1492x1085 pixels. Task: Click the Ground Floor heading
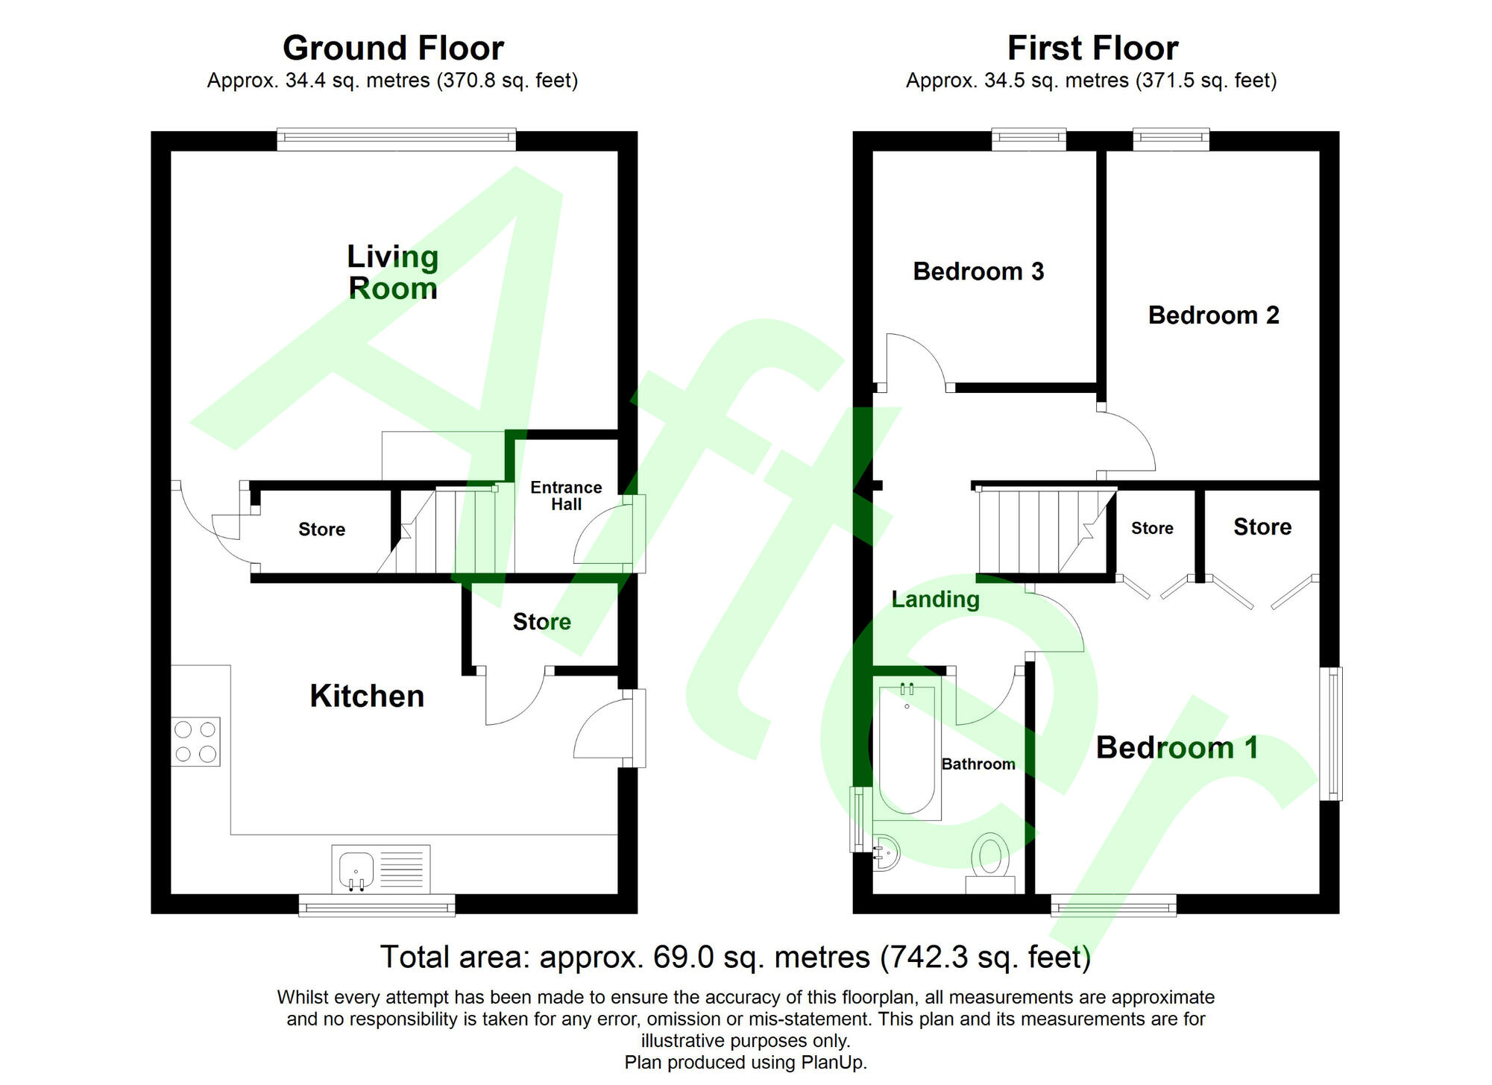click(x=393, y=48)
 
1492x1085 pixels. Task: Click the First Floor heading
click(x=1092, y=48)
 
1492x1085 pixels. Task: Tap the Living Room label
click(x=393, y=272)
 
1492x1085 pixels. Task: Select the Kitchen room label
click(x=367, y=696)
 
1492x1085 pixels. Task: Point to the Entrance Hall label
click(x=566, y=496)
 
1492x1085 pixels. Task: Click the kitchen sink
click(x=381, y=869)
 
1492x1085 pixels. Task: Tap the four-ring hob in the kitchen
click(x=196, y=742)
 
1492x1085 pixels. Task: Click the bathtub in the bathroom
click(x=907, y=748)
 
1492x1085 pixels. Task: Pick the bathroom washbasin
click(x=886, y=852)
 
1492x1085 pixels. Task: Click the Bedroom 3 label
click(x=978, y=271)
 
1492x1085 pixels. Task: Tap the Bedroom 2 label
click(x=1213, y=315)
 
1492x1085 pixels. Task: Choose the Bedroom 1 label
click(x=1177, y=747)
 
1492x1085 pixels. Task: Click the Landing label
click(x=936, y=599)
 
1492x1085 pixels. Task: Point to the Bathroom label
click(x=978, y=764)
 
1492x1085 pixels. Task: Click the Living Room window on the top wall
click(x=396, y=139)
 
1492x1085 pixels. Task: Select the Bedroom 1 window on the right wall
click(x=1332, y=734)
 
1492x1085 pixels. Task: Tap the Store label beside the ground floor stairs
click(x=321, y=529)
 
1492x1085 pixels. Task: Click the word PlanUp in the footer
click(x=833, y=1063)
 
